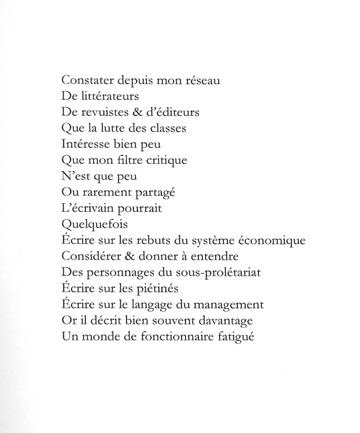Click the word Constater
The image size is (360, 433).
click(86, 81)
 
